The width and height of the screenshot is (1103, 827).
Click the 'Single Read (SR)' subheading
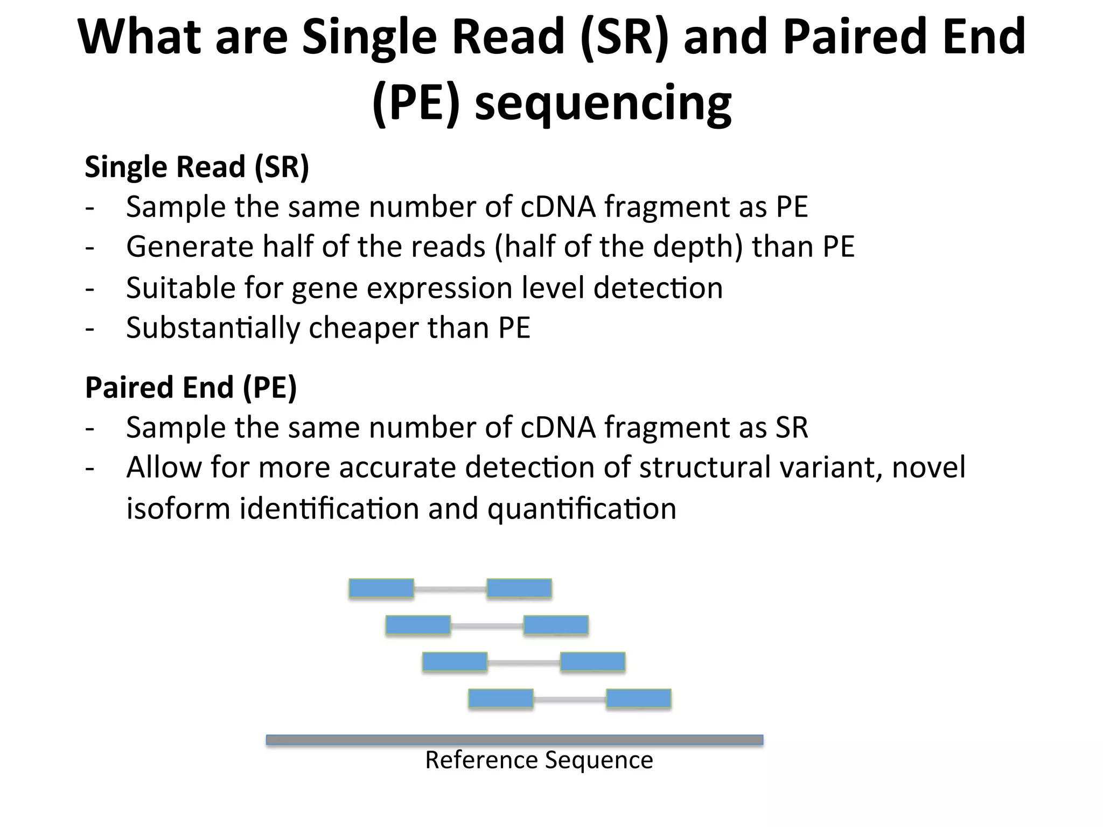pos(197,167)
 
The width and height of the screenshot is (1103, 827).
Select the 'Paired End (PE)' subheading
pos(191,388)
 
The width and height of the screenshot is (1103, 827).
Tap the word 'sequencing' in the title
pos(603,103)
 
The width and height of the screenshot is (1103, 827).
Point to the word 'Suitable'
pos(180,288)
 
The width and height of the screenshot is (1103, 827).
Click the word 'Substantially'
pos(213,328)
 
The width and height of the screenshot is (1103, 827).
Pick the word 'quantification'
pos(582,509)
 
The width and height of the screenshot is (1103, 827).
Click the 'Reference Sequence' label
pos(539,760)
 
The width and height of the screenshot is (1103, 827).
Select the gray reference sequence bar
pos(514,740)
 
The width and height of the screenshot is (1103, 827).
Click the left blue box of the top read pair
pos(381,588)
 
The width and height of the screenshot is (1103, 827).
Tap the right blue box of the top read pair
pos(519,588)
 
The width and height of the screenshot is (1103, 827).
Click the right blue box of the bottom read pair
pos(639,698)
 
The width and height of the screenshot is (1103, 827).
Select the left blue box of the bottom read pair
pos(501,698)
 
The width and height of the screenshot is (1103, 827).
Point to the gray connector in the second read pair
pos(487,625)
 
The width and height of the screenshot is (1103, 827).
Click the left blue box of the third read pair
pos(455,662)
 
